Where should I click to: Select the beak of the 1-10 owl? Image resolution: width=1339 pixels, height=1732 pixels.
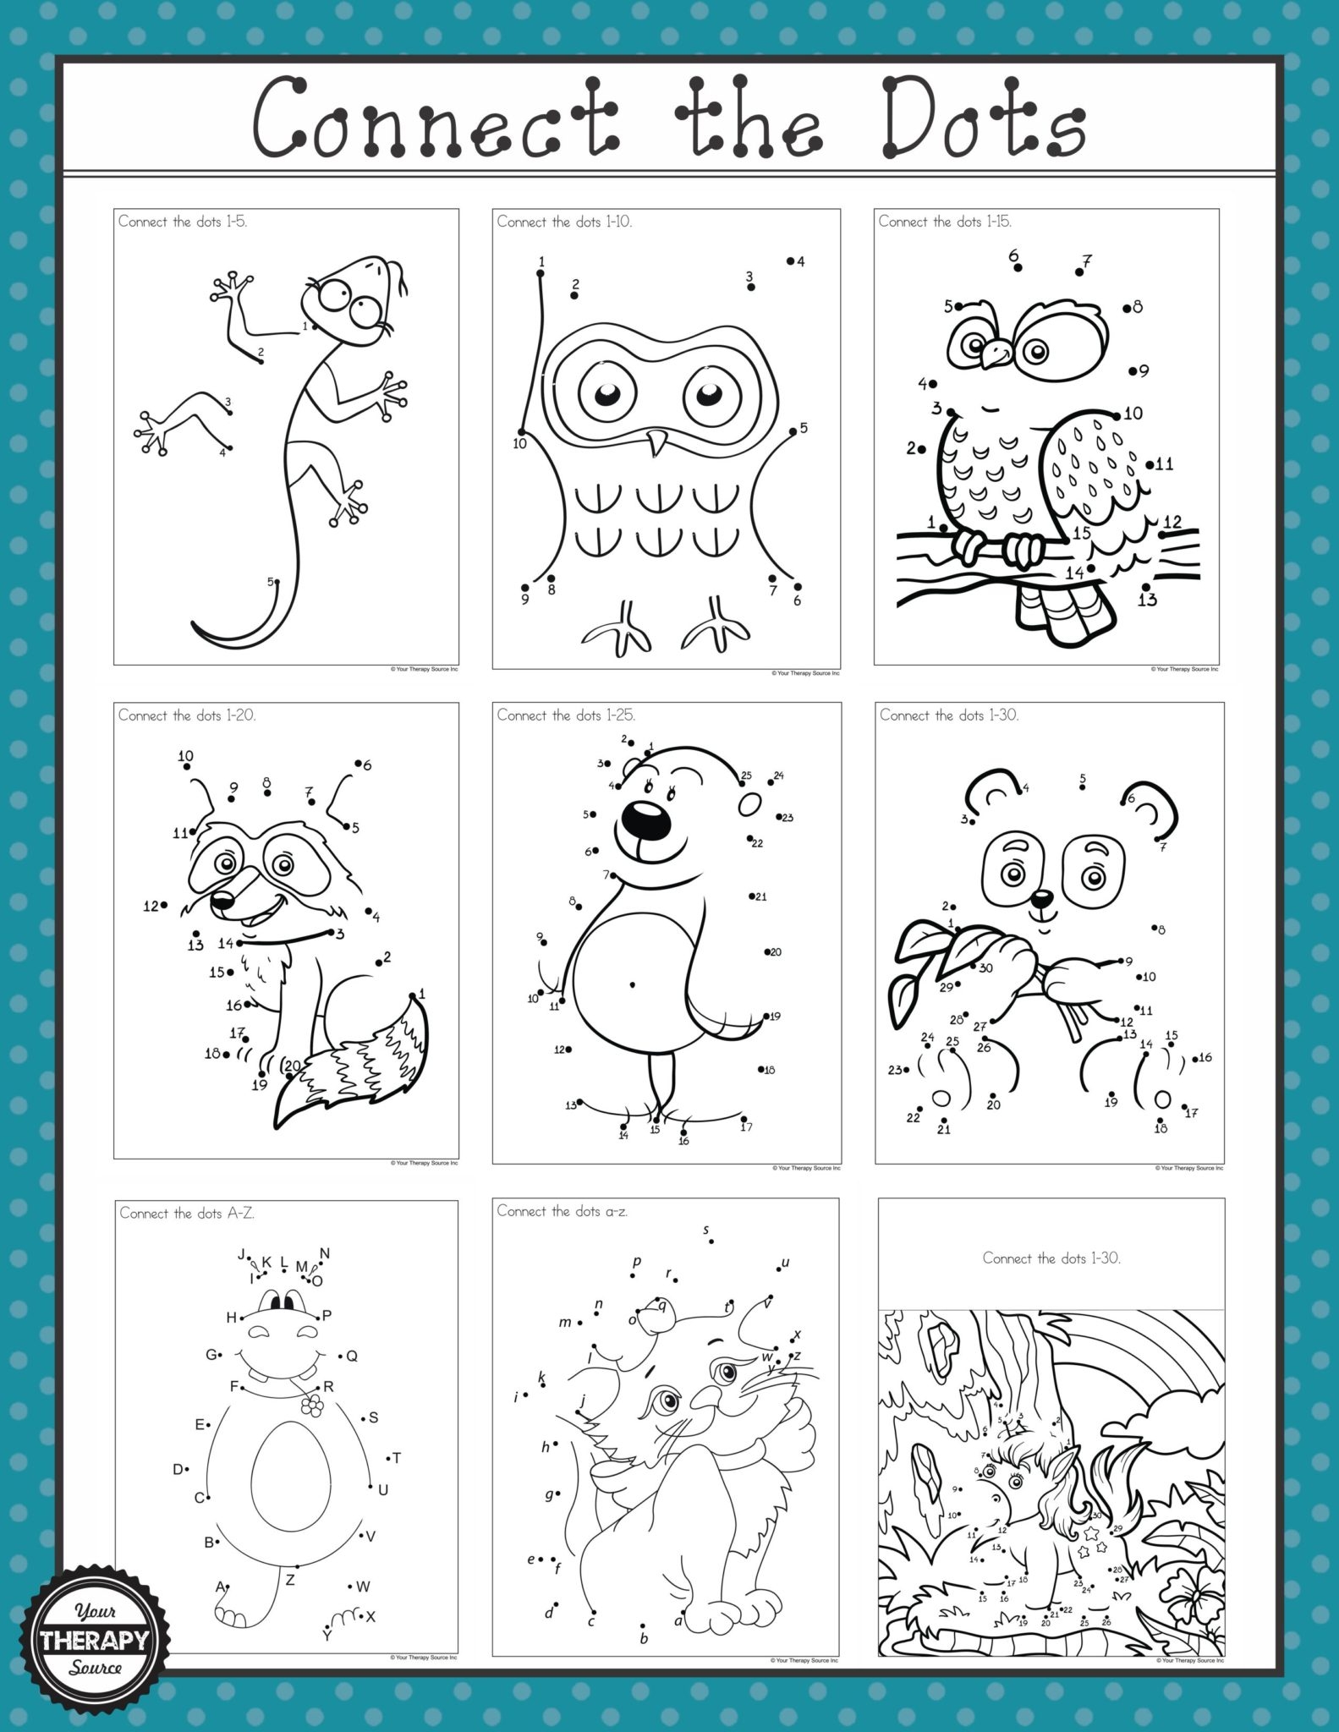(x=656, y=442)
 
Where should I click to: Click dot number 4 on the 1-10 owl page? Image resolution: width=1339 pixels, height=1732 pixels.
(x=790, y=260)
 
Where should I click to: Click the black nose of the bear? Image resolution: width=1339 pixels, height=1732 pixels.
(x=643, y=816)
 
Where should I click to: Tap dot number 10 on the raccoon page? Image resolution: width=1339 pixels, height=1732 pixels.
(x=187, y=767)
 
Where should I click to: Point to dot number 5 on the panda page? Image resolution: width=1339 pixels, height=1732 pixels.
(x=1083, y=787)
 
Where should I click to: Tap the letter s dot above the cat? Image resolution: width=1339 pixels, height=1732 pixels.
(x=711, y=1241)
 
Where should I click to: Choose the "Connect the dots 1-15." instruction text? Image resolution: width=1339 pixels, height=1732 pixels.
(x=944, y=222)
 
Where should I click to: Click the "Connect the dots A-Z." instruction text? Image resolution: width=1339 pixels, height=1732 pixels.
(x=187, y=1214)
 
